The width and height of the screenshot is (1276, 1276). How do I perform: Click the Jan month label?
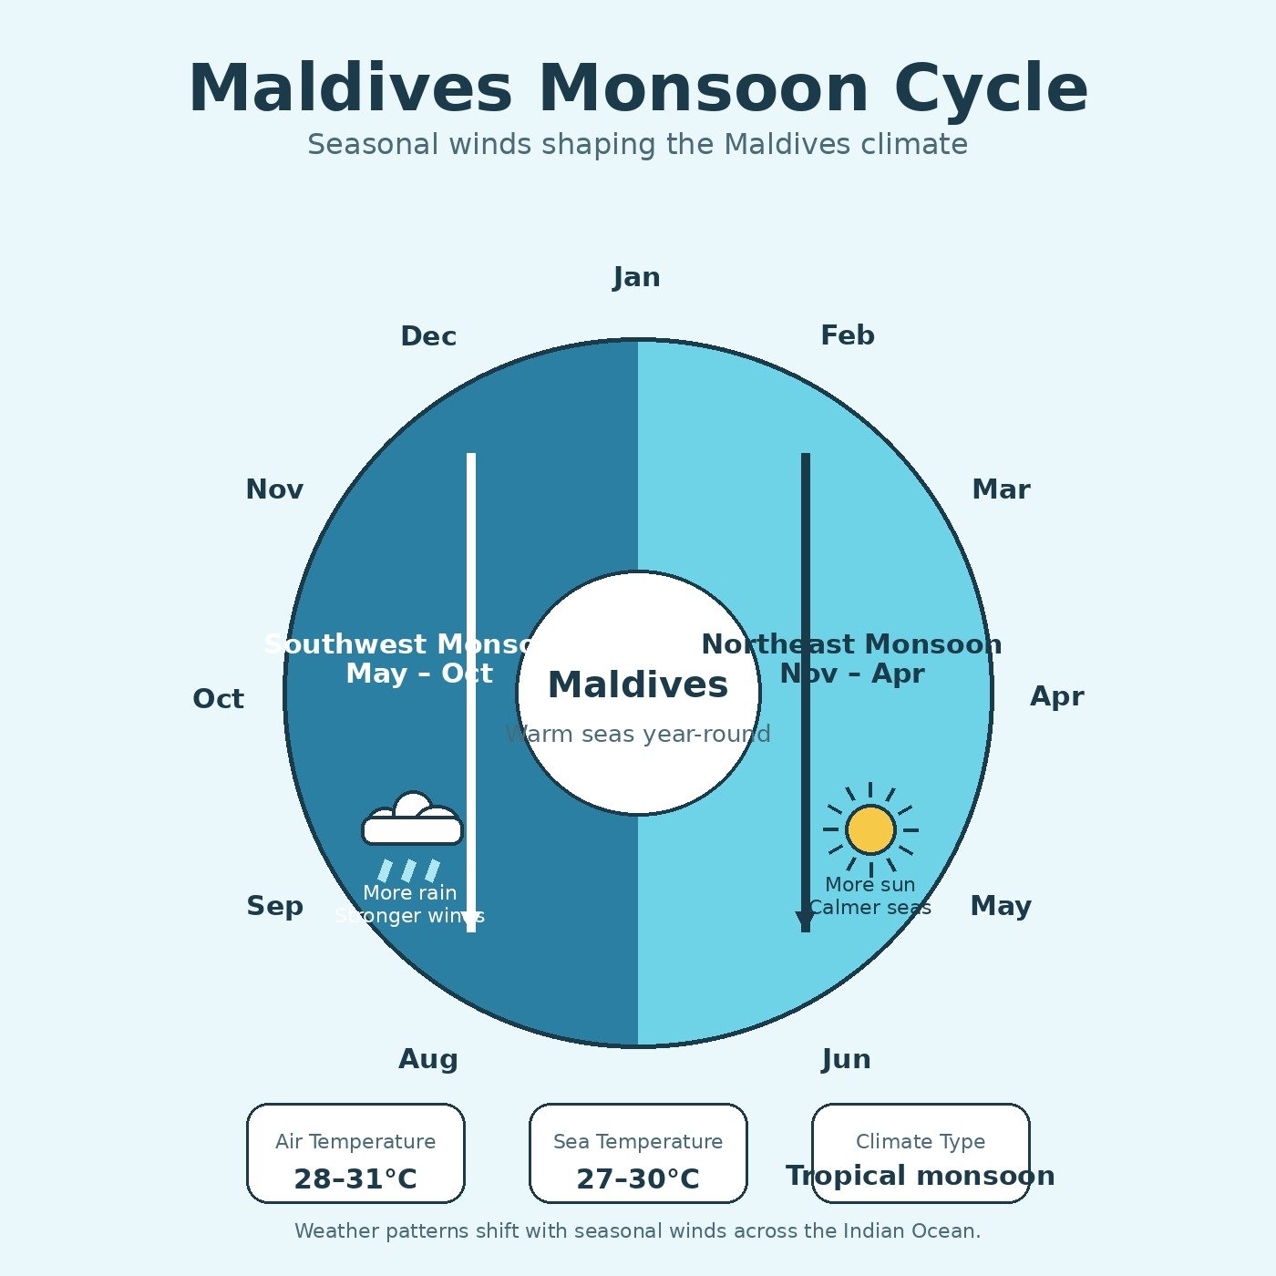tap(637, 277)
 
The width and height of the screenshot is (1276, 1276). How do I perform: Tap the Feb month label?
tap(848, 335)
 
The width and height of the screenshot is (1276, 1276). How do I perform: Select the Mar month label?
tap(1001, 489)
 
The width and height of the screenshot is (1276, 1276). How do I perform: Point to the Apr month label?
tap(1057, 696)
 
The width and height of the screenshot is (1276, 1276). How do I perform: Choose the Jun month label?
tap(847, 1059)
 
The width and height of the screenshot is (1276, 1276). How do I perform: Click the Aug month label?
tap(428, 1059)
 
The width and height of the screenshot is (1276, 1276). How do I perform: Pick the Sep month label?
tap(274, 906)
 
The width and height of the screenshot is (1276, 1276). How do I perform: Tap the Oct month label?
tap(218, 699)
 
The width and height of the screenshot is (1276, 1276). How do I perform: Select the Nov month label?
tap(274, 489)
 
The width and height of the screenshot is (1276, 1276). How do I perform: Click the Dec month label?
tap(428, 336)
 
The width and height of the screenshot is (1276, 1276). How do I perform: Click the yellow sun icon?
tap(870, 829)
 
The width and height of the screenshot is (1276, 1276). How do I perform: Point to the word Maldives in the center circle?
tap(638, 685)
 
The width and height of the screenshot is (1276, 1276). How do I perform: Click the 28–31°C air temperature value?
tap(355, 1179)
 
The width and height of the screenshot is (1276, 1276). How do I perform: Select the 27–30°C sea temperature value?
tap(638, 1179)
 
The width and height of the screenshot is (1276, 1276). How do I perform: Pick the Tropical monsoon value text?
tap(921, 1176)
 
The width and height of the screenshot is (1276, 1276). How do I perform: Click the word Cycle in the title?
tap(991, 89)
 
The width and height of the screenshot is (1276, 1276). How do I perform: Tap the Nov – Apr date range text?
tap(852, 674)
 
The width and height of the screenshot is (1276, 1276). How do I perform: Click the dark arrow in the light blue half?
tap(806, 693)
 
